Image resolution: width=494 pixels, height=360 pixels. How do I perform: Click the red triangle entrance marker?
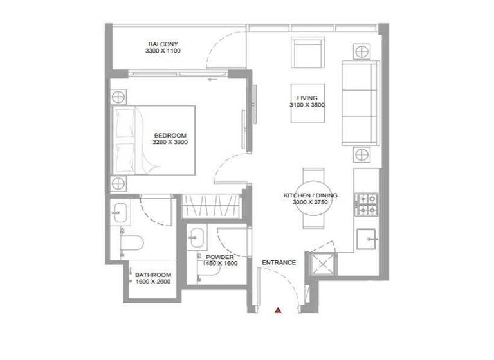point(278,310)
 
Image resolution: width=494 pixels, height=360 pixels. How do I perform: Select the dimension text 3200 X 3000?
point(170,142)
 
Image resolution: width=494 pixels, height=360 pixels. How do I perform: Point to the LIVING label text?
point(307,98)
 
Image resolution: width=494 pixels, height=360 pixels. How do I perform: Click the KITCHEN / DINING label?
point(311,194)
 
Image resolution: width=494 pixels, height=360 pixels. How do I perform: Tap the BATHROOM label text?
point(152,274)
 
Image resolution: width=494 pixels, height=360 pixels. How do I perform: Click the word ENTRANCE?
point(279,262)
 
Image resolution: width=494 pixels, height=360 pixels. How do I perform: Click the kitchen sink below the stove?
point(369,238)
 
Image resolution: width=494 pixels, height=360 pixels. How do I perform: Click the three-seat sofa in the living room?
point(360,103)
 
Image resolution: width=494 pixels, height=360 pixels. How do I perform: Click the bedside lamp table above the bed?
point(119,98)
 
